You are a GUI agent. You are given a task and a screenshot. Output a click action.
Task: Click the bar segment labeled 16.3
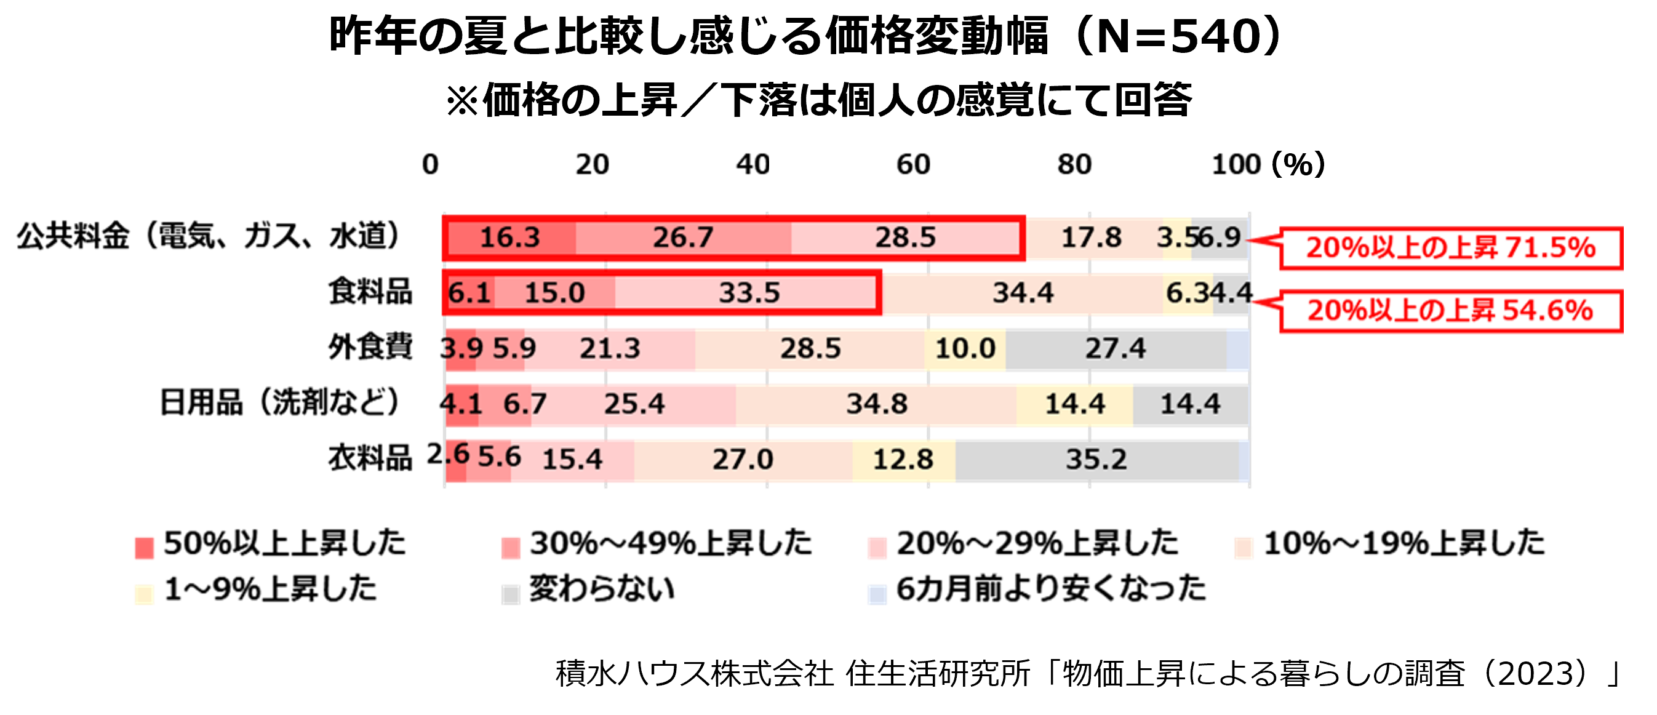[x=511, y=238]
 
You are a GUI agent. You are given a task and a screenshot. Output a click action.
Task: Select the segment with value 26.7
[x=683, y=238]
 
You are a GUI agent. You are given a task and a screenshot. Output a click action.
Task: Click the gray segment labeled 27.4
[x=1116, y=348]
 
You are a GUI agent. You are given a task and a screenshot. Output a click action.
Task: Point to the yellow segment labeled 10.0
[x=965, y=348]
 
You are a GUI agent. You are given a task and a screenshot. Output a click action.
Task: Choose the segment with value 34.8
[x=876, y=404]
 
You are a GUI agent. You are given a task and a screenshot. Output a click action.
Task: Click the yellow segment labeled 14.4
[x=1074, y=404]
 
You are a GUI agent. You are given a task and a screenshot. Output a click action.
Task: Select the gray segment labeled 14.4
[x=1190, y=404]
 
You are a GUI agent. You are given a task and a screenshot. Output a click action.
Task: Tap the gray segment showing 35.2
[x=1096, y=460]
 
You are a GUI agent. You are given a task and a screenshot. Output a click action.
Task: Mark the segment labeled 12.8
[x=903, y=460]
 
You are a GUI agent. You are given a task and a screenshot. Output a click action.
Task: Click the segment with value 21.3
[x=610, y=348]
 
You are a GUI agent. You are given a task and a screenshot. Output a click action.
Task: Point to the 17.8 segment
[x=1092, y=238]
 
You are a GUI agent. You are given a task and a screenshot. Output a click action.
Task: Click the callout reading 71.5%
[x=1450, y=248]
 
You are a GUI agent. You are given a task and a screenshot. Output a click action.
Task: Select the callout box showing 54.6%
[x=1450, y=311]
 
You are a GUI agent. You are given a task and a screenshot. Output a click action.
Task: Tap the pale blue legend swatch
[x=877, y=595]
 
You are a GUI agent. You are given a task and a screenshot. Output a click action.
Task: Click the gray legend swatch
[x=511, y=595]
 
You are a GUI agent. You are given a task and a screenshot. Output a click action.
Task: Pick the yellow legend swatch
[x=144, y=595]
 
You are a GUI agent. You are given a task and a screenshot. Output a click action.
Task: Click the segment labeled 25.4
[x=634, y=404]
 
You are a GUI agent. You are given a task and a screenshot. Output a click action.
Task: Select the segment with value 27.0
[x=742, y=460]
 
